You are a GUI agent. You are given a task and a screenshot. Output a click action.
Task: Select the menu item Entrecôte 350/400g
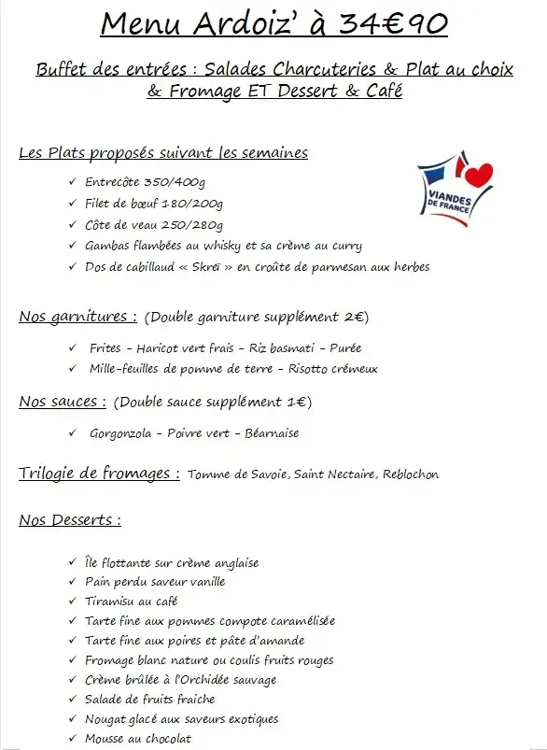146,182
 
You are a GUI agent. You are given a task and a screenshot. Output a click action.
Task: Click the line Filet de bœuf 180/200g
154,204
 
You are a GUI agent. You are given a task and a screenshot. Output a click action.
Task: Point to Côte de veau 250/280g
154,225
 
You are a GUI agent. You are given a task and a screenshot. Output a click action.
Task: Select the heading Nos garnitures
77,317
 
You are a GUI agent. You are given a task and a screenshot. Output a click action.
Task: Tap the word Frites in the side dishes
105,348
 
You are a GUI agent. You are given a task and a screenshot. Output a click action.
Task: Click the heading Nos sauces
62,403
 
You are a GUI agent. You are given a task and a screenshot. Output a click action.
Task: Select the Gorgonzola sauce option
119,433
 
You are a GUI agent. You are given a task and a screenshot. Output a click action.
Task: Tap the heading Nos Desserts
69,520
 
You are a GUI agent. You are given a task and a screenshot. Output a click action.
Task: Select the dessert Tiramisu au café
131,601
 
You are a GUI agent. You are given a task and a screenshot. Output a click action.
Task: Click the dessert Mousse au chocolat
138,739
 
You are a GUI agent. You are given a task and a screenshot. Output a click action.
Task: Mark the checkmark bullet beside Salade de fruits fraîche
73,699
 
